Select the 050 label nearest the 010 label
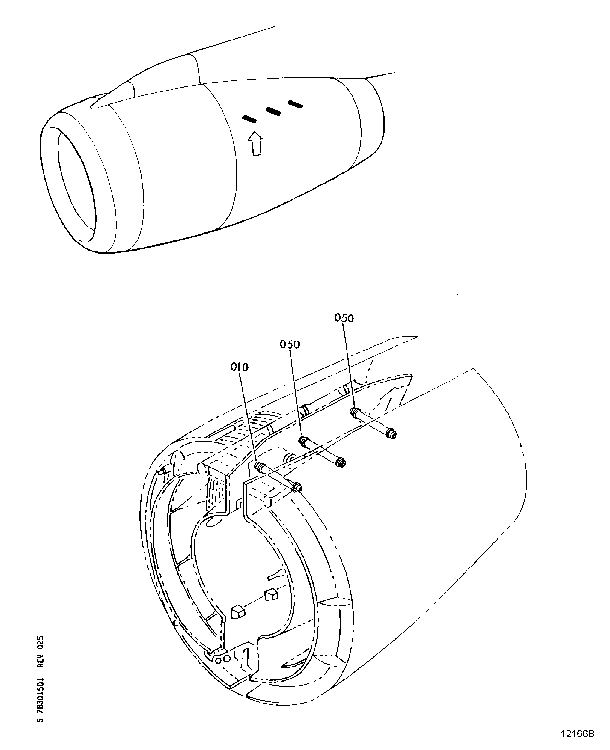290,344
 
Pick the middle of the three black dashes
273,112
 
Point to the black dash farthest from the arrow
295,104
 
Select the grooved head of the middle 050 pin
303,440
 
